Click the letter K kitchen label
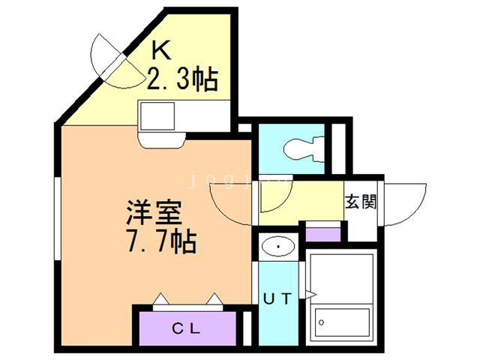click(161, 50)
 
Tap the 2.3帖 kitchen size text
click(183, 78)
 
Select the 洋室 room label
click(154, 213)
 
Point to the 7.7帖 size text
click(161, 241)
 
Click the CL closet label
click(186, 328)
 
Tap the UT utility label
click(277, 298)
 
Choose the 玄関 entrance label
click(361, 202)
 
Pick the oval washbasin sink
click(278, 247)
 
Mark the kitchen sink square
click(157, 116)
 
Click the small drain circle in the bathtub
click(322, 322)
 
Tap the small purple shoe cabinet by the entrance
click(323, 235)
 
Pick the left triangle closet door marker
click(160, 298)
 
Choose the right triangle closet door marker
click(214, 298)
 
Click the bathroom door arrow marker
click(310, 295)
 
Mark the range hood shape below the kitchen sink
click(162, 140)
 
